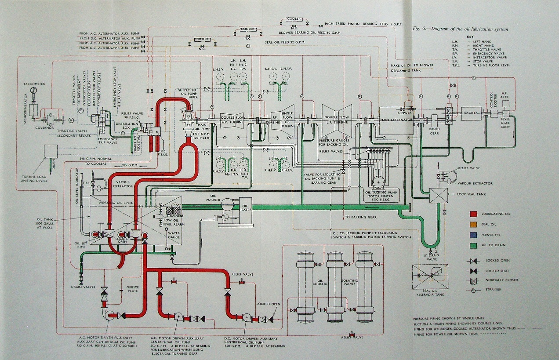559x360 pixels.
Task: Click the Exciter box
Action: pos(471,113)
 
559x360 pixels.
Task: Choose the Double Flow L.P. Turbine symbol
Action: pos(337,120)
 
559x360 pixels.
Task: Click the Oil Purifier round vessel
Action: pos(228,204)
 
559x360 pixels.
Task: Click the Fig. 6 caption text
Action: pos(461,29)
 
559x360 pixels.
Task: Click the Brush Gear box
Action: pos(434,122)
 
